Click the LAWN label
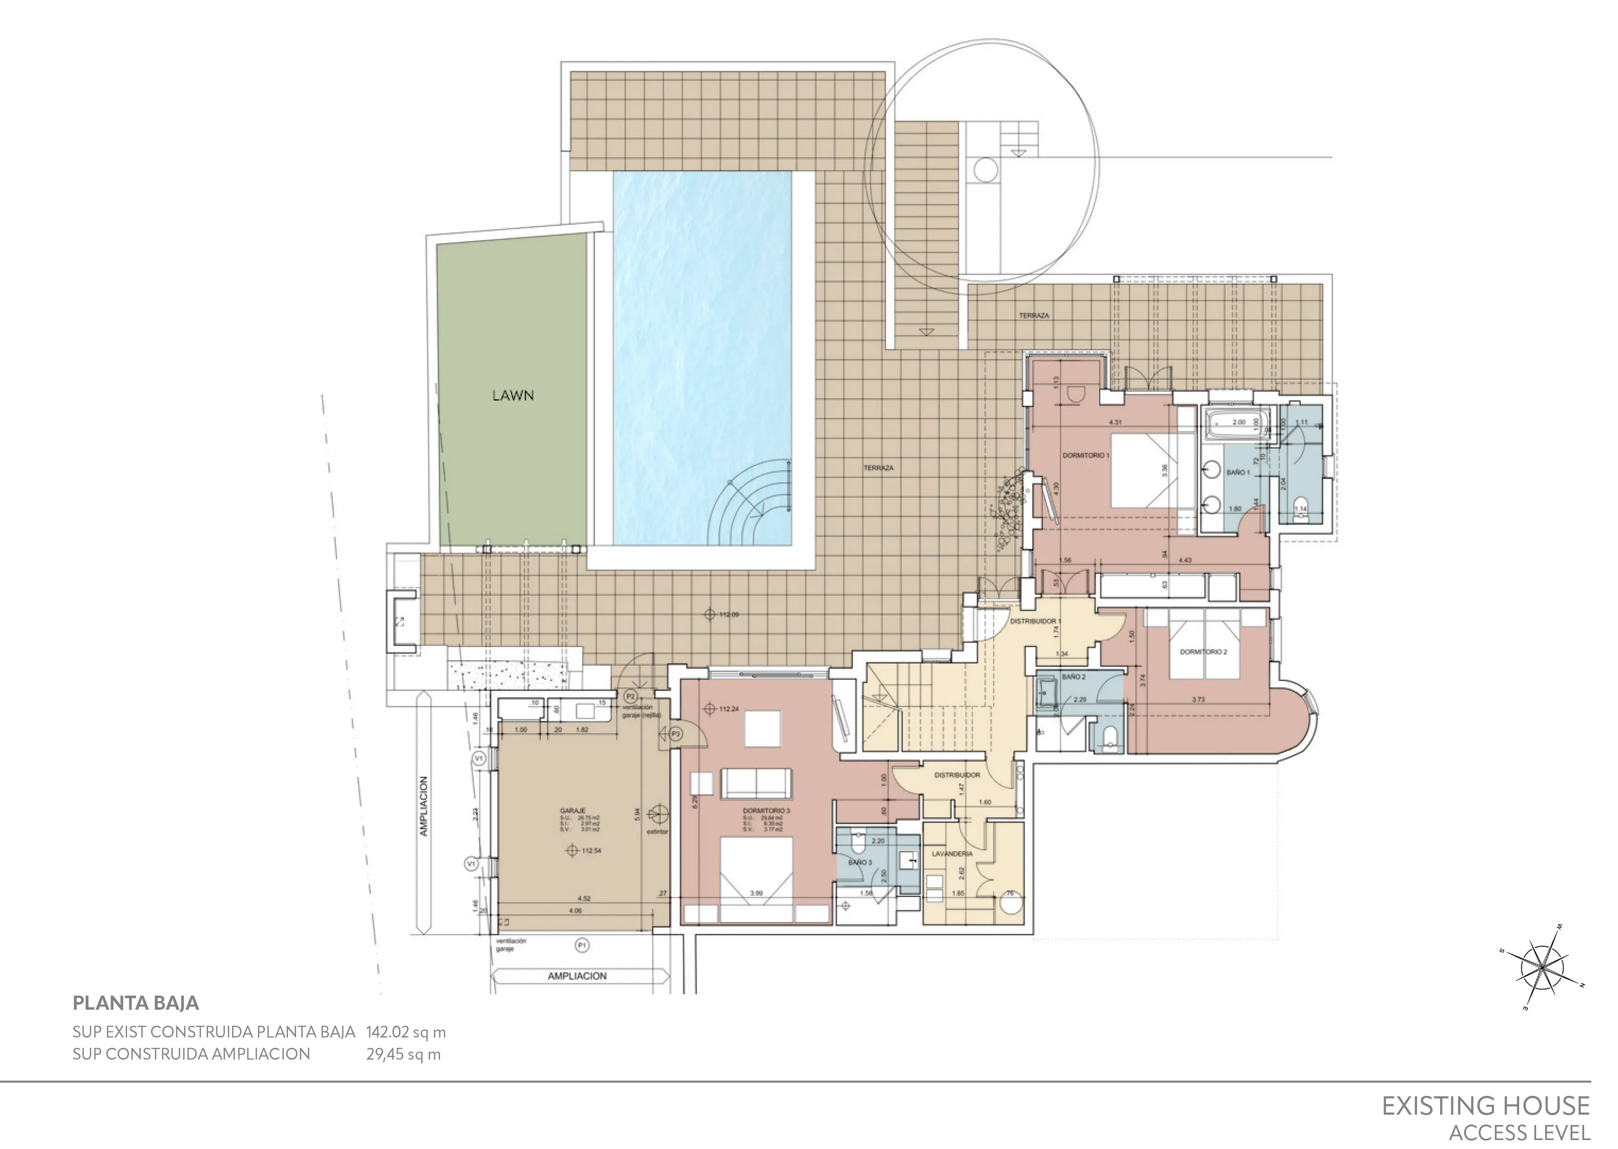click(513, 396)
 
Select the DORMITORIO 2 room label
click(1203, 652)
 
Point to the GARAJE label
click(572, 811)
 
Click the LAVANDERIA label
click(952, 854)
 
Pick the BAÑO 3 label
click(859, 862)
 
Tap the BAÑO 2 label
click(1073, 677)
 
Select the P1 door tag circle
click(582, 945)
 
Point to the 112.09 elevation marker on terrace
click(710, 614)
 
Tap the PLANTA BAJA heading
click(136, 1003)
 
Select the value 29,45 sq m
click(403, 1054)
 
